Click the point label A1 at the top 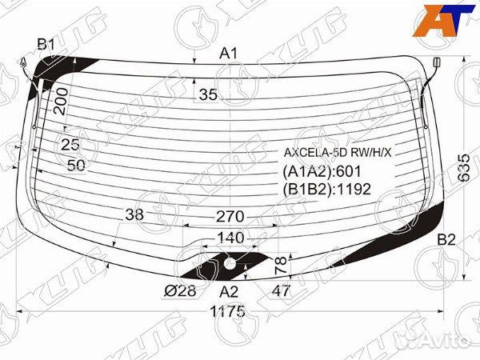pos(230,53)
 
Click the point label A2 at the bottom pos(229,291)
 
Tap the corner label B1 pos(46,45)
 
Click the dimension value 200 pos(62,102)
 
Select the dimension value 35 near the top pos(208,94)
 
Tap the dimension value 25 pos(70,145)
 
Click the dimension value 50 pos(77,166)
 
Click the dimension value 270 pos(230,216)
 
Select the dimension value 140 pos(230,238)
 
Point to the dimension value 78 pos(280,264)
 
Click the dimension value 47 pos(280,291)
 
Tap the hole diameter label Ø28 pos(182,291)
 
